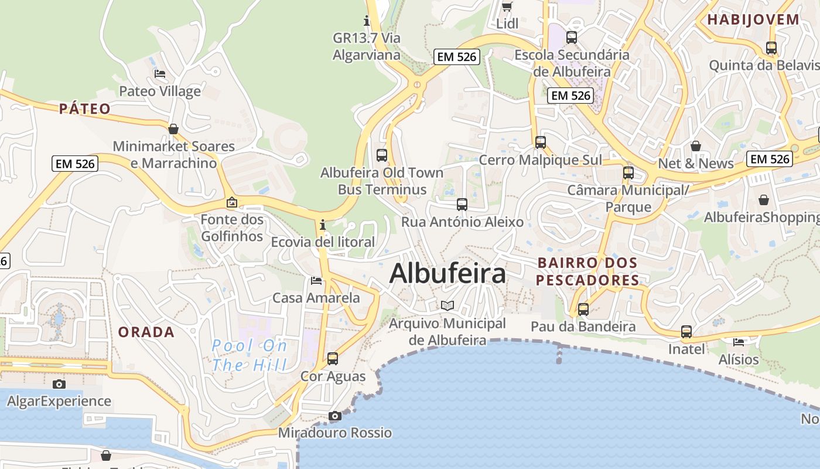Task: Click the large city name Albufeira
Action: tap(447, 273)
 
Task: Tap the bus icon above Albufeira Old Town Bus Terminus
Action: tap(382, 155)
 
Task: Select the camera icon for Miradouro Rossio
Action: tap(335, 416)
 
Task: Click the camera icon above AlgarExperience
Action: tap(59, 384)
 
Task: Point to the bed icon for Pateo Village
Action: tap(159, 74)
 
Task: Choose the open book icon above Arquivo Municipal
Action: tap(447, 305)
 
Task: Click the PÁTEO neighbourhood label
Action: tap(85, 108)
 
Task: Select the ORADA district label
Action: tap(146, 332)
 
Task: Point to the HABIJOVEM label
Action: tap(753, 19)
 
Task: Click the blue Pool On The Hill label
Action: tap(250, 355)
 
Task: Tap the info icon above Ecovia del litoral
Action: tap(322, 225)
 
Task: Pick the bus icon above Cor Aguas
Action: tap(333, 358)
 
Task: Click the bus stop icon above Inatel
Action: tap(686, 332)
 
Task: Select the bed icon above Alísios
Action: tap(739, 342)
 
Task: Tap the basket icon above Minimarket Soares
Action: tap(173, 128)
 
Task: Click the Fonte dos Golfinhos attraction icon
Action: tap(232, 203)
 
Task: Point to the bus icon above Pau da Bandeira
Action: tap(583, 309)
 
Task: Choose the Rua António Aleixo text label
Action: tap(462, 222)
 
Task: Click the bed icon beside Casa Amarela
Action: tap(316, 281)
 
